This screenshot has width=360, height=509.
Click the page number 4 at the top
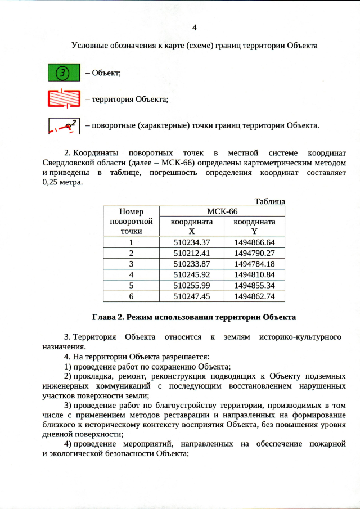click(195, 28)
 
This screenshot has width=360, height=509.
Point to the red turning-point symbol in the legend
click(64, 125)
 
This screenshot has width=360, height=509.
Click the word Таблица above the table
click(270, 201)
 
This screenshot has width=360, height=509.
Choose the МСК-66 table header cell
click(222, 211)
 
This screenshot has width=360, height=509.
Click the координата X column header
click(192, 227)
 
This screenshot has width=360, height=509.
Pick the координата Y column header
click(254, 227)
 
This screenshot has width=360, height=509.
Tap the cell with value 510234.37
click(192, 242)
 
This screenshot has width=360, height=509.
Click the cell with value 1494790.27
click(254, 253)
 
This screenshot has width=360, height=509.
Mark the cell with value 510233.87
click(192, 264)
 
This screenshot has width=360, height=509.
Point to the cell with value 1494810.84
click(254, 274)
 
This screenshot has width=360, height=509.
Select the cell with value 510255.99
click(192, 285)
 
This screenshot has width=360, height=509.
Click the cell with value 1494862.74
click(254, 296)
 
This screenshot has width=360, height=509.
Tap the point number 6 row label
click(132, 296)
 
